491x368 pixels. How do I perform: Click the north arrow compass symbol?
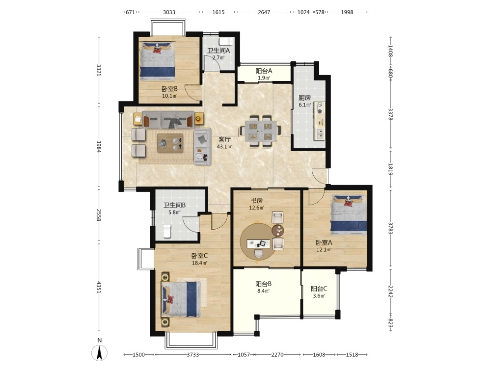point(99,353)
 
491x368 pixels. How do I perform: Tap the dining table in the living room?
point(259,131)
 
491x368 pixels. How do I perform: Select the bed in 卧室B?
point(158,61)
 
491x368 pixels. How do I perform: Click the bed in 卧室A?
point(349,215)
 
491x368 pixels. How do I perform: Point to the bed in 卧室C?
point(181,299)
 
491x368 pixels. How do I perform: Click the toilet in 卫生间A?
point(225,41)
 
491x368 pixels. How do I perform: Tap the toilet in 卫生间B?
point(167,231)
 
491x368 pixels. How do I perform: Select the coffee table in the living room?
point(170,143)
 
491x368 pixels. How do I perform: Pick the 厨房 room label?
point(304,98)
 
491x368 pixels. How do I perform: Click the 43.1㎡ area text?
point(224,146)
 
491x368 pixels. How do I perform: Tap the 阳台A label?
point(264,71)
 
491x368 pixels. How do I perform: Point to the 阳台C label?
point(319,289)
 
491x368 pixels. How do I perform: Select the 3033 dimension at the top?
point(169,12)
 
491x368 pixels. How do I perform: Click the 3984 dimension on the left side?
point(99,146)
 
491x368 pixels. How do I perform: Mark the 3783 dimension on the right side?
point(390,228)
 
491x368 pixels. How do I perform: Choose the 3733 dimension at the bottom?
point(193,355)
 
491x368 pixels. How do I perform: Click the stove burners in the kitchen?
point(320,108)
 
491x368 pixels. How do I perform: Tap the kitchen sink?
point(320,134)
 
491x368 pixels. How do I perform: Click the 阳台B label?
point(263,284)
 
